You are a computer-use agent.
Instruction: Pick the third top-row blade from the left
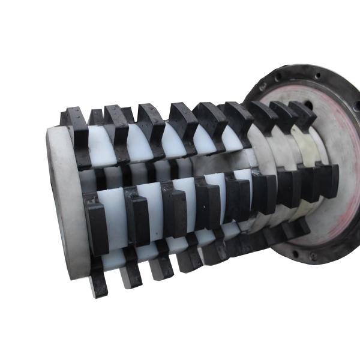pos(150,123)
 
